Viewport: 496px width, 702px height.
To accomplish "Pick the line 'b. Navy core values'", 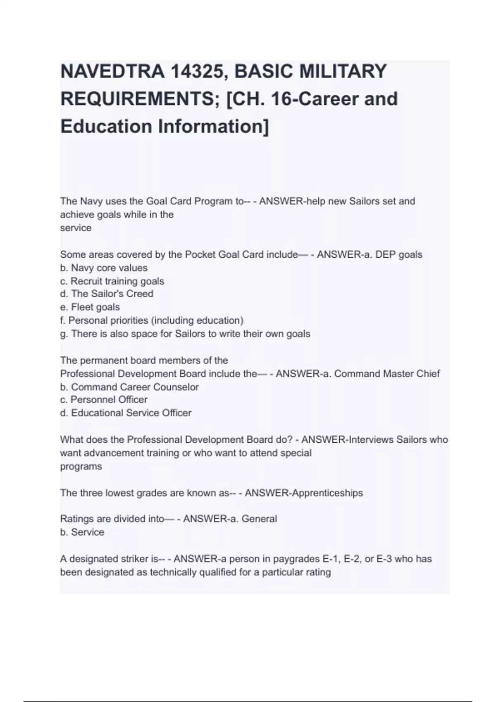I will point(104,268).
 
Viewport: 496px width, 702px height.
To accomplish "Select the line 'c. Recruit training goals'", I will point(112,281).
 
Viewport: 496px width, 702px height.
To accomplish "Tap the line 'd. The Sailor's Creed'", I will point(107,294).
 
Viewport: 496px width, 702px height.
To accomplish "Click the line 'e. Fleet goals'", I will point(90,307).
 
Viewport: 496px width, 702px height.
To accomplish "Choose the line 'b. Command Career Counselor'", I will point(129,387).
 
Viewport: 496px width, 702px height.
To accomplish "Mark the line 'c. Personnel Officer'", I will point(104,400).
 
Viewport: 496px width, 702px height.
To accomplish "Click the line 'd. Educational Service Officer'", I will point(126,413).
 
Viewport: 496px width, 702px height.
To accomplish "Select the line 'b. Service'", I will point(82,532).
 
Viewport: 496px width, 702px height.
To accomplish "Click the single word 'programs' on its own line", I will point(81,467).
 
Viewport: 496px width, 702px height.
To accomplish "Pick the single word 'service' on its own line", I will point(76,228).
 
